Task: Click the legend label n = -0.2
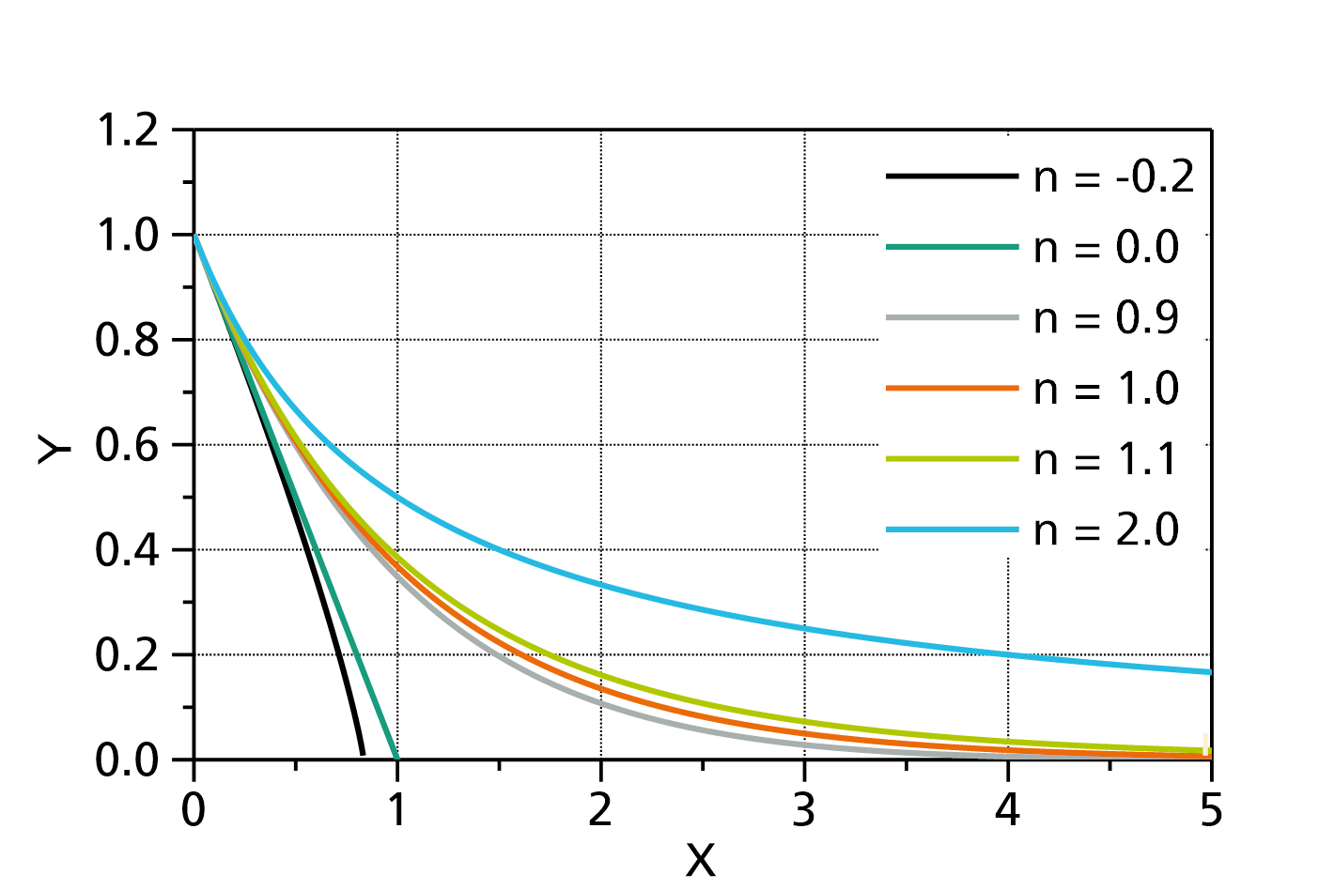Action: click(x=1113, y=176)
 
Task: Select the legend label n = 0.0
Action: click(x=1106, y=247)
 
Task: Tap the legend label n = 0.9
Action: click(x=1106, y=318)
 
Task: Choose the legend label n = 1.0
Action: click(x=1106, y=388)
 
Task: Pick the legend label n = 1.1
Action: click(x=1105, y=459)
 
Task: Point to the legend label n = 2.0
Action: click(x=1106, y=529)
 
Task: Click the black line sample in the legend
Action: click(x=953, y=176)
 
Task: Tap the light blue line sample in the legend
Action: click(x=953, y=529)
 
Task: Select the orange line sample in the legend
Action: click(x=953, y=388)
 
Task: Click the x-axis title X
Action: click(x=701, y=860)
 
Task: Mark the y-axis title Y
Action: click(x=54, y=449)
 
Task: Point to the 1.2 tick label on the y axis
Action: click(x=127, y=130)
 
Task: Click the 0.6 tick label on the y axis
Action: click(x=127, y=445)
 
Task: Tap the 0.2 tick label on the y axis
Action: click(x=127, y=655)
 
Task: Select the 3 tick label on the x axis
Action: click(x=804, y=810)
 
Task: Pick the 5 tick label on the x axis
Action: click(x=1211, y=810)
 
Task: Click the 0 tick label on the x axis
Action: click(x=194, y=810)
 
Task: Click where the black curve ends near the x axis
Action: click(x=363, y=754)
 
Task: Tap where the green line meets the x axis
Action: click(x=396, y=759)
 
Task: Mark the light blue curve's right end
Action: click(x=1211, y=672)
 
